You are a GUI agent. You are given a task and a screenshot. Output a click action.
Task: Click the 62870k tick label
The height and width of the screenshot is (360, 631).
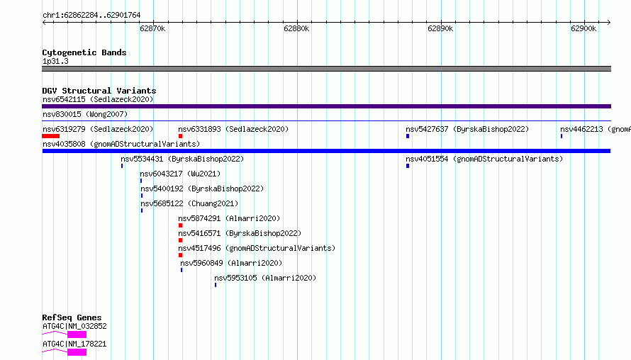pyautogui.click(x=152, y=28)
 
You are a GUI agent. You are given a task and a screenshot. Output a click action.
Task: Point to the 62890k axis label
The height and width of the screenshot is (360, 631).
pyautogui.click(x=440, y=28)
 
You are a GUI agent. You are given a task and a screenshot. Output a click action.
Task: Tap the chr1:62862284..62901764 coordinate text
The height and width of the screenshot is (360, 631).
pyautogui.click(x=91, y=16)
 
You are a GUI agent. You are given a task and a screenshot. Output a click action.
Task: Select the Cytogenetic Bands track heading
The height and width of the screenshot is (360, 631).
pyautogui.click(x=84, y=52)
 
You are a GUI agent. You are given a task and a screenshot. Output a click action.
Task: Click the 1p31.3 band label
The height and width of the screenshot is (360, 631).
pyautogui.click(x=55, y=61)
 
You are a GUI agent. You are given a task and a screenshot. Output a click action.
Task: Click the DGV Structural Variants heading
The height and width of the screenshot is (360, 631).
pyautogui.click(x=99, y=91)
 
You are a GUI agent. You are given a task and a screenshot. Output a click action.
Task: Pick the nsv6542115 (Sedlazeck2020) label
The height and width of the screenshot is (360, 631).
pyautogui.click(x=98, y=99)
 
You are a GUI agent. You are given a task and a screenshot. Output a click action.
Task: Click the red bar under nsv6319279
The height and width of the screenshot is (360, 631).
pyautogui.click(x=51, y=136)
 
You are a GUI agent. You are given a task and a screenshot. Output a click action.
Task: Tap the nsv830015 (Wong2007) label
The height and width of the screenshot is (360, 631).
pyautogui.click(x=85, y=114)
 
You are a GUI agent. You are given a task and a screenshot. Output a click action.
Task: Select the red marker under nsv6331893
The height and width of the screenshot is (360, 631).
pyautogui.click(x=180, y=136)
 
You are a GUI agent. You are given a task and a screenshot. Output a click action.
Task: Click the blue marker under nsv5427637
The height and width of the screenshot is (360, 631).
pyautogui.click(x=408, y=136)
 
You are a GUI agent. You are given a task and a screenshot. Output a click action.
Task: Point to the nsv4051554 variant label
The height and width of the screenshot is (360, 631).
pyautogui.click(x=484, y=159)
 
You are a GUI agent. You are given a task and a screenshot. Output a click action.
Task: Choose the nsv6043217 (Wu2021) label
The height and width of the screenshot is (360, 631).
pyautogui.click(x=180, y=174)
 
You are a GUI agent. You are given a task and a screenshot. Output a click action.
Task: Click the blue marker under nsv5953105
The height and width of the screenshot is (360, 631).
pyautogui.click(x=216, y=285)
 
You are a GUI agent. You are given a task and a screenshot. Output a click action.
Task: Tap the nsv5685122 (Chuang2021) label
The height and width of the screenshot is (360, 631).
pyautogui.click(x=189, y=203)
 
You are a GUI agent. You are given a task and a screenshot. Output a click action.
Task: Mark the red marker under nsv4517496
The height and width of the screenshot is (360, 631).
pyautogui.click(x=180, y=255)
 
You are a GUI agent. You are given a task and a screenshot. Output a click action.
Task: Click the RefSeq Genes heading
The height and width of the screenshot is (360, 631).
pyautogui.click(x=72, y=317)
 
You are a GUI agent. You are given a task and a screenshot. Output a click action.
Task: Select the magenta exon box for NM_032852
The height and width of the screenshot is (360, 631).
pyautogui.click(x=77, y=334)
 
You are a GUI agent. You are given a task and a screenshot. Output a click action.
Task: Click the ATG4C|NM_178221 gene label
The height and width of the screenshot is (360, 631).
pyautogui.click(x=75, y=344)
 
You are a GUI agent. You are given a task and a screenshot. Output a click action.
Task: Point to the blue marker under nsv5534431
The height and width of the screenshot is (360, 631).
pyautogui.click(x=122, y=166)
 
